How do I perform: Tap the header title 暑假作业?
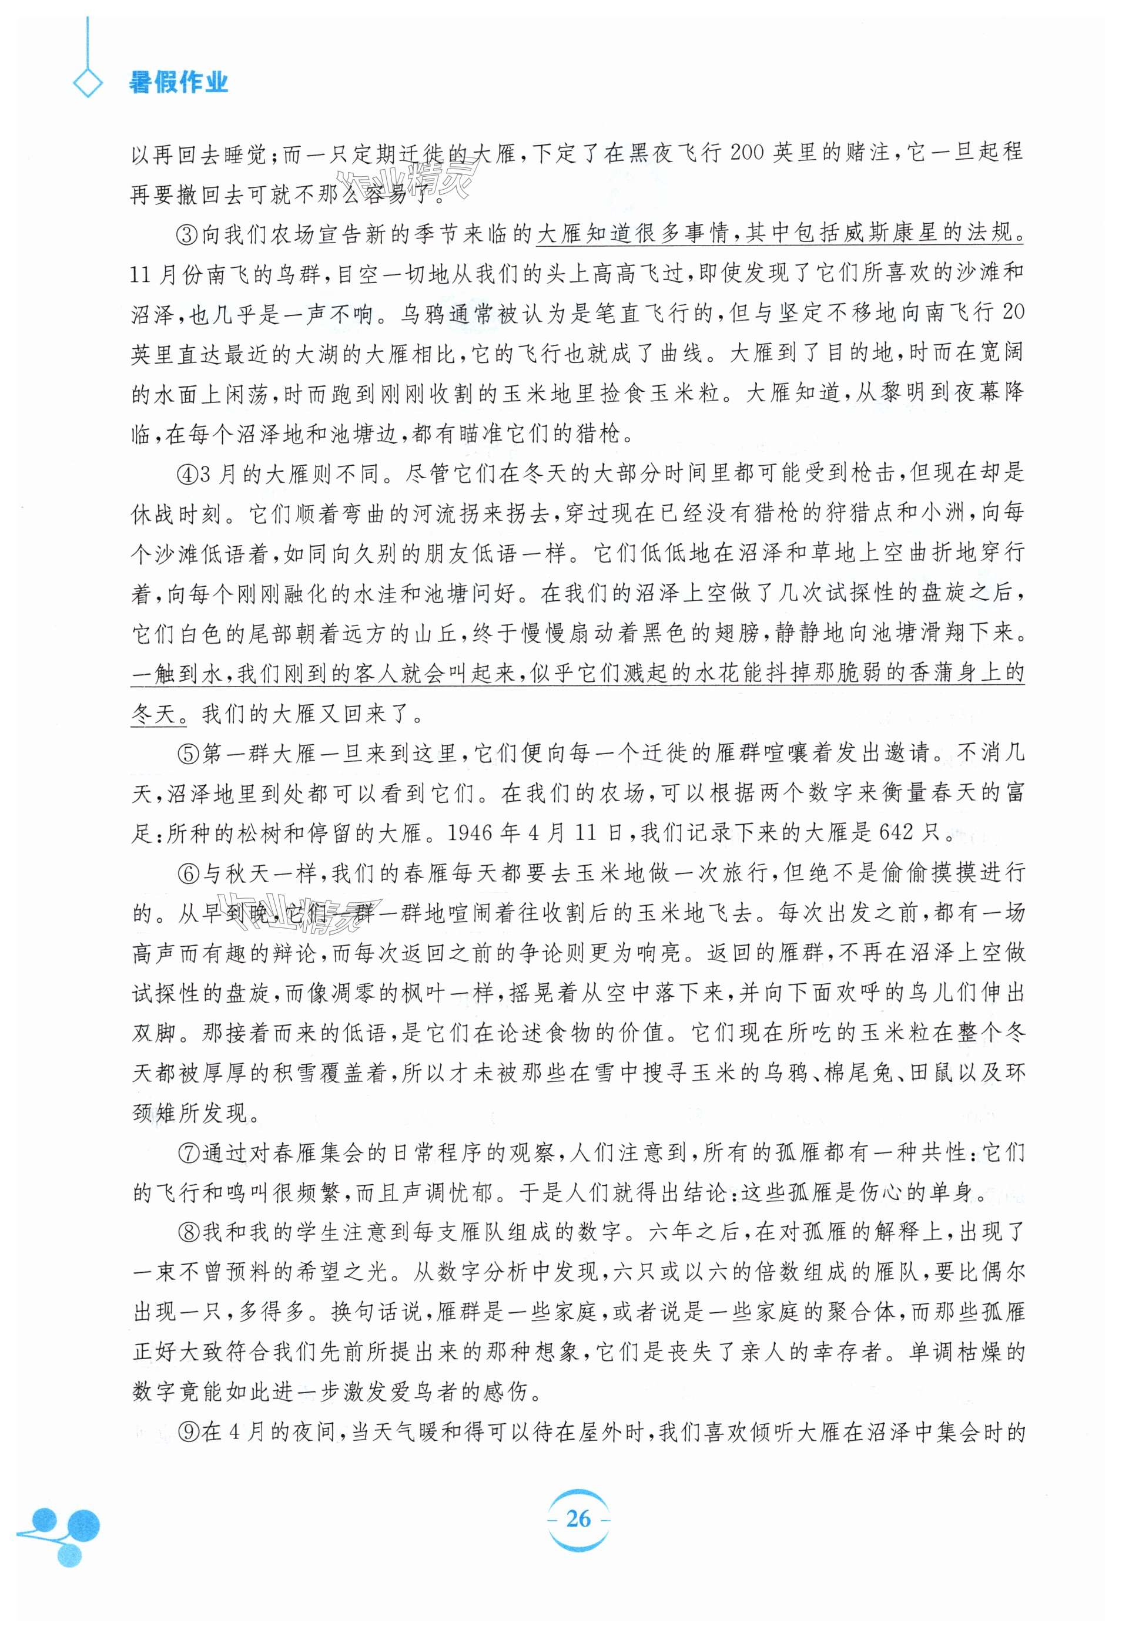[178, 83]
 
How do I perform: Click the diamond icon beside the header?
[88, 84]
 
